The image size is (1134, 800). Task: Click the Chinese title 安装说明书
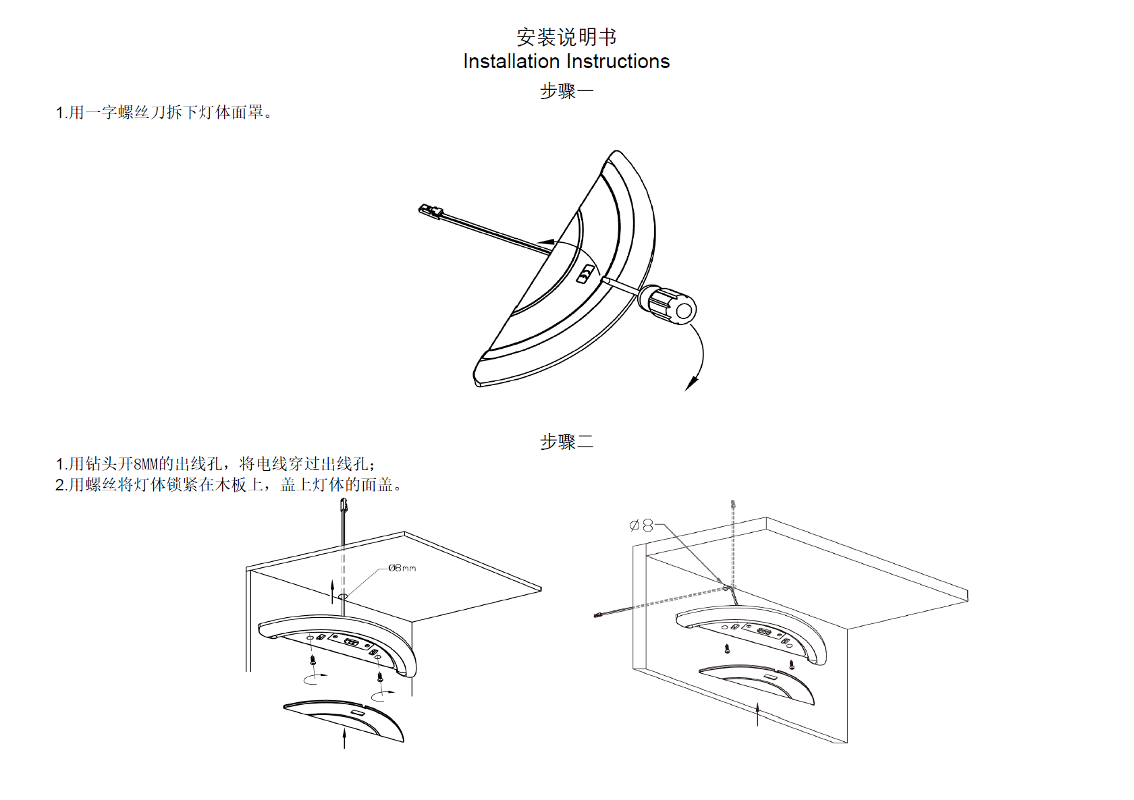click(566, 36)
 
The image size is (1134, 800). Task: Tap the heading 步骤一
click(566, 90)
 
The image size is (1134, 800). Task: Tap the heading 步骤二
click(566, 442)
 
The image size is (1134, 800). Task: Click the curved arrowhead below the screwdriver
click(691, 383)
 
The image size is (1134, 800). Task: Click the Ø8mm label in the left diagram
click(402, 568)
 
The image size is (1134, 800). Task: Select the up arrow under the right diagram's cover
click(757, 714)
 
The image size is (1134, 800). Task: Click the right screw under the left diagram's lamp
click(380, 676)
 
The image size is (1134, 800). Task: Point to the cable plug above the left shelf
click(344, 505)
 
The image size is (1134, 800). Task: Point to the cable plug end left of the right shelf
click(597, 615)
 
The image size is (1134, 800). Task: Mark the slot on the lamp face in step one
click(587, 274)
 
